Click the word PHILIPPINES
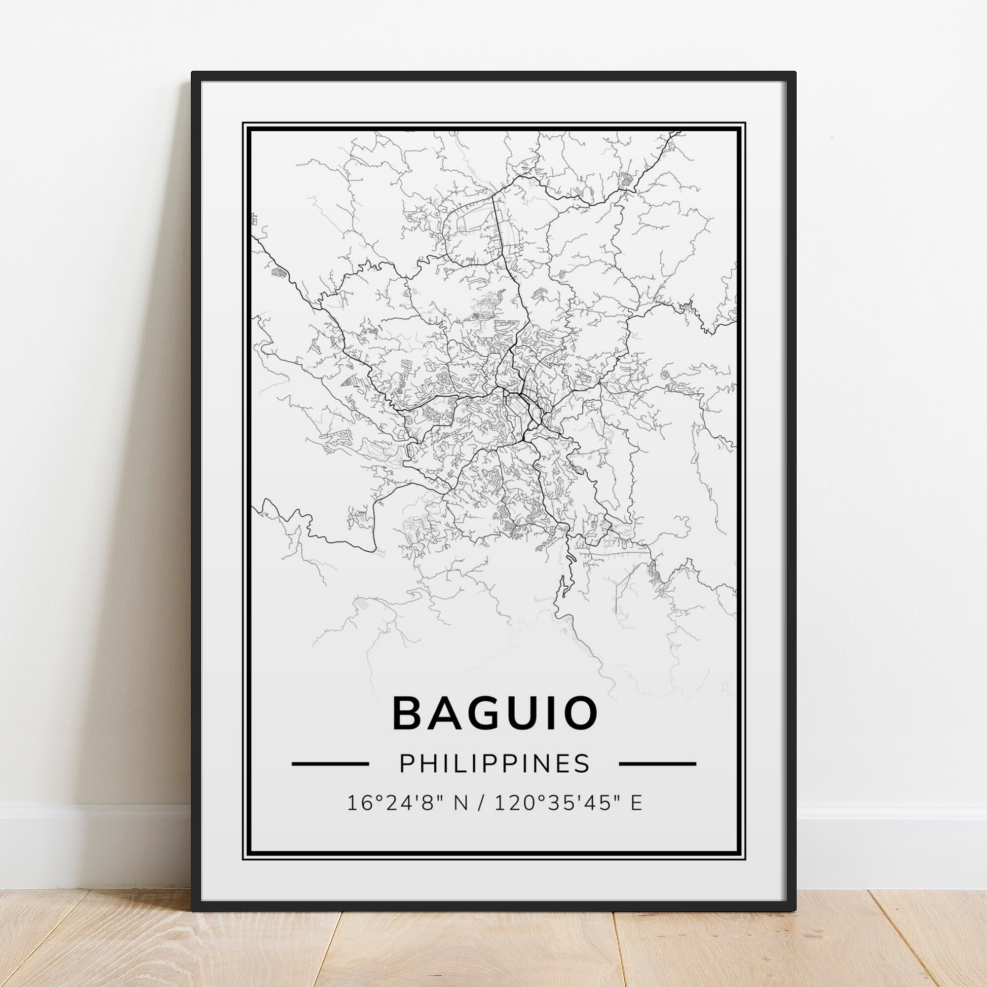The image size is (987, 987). point(494,778)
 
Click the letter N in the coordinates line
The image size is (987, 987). point(460,817)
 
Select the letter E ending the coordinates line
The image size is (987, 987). point(637,817)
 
